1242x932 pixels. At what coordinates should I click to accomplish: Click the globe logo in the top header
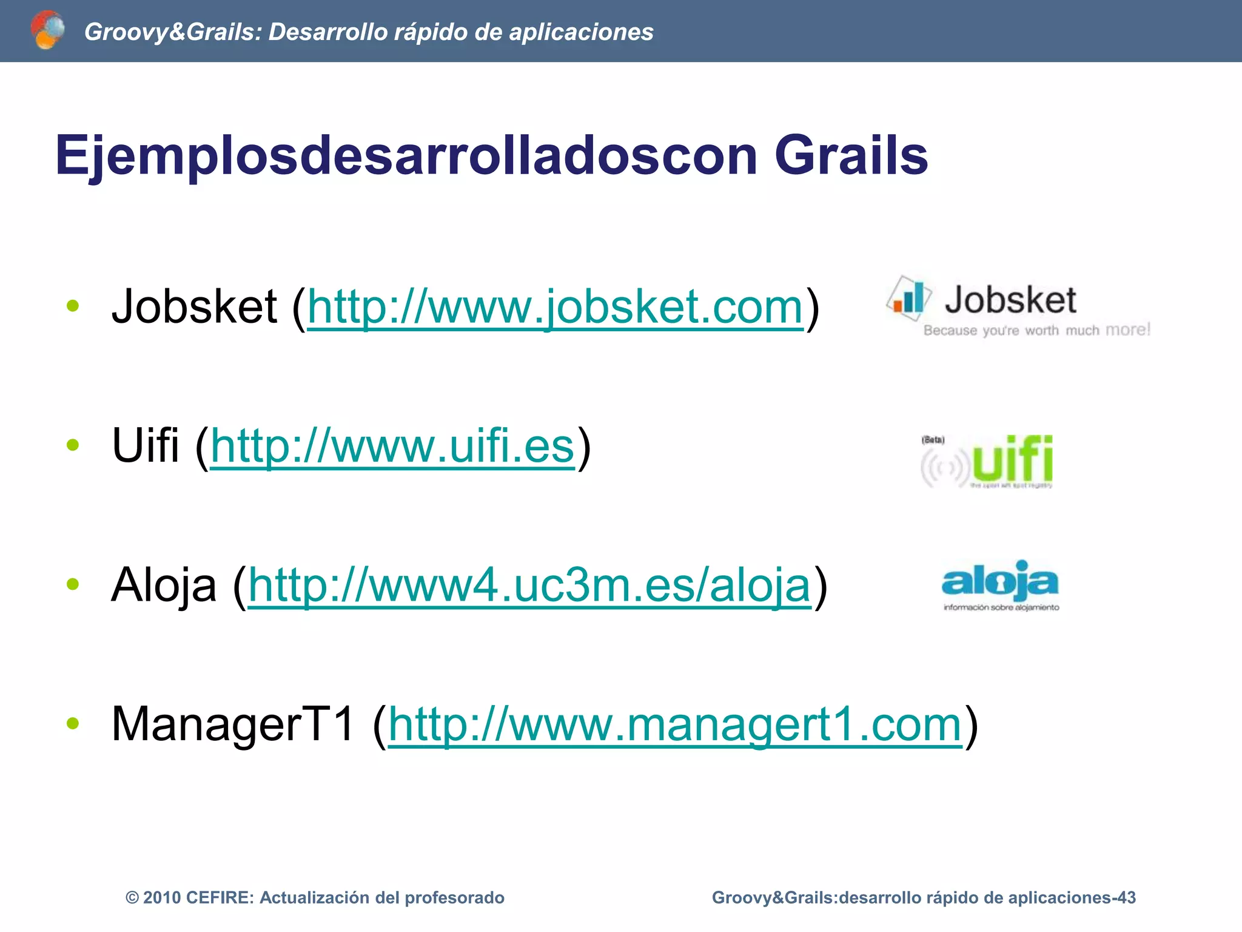(x=47, y=30)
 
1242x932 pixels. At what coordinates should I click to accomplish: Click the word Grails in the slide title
(x=851, y=155)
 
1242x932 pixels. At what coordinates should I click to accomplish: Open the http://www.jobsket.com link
(x=555, y=307)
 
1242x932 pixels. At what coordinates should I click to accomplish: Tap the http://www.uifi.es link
(x=392, y=446)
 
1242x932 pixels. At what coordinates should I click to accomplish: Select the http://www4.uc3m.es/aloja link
(x=529, y=586)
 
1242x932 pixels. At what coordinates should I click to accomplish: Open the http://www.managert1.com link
(x=675, y=724)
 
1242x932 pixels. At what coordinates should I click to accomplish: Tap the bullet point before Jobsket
(x=73, y=306)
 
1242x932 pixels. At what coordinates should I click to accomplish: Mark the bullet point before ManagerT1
(x=73, y=723)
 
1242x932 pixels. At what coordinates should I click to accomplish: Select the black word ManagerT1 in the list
(x=233, y=724)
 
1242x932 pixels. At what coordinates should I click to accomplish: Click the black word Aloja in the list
(x=164, y=586)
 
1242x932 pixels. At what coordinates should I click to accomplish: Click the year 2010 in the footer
(x=162, y=897)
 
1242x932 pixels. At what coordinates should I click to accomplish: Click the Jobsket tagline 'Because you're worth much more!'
(x=1036, y=330)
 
